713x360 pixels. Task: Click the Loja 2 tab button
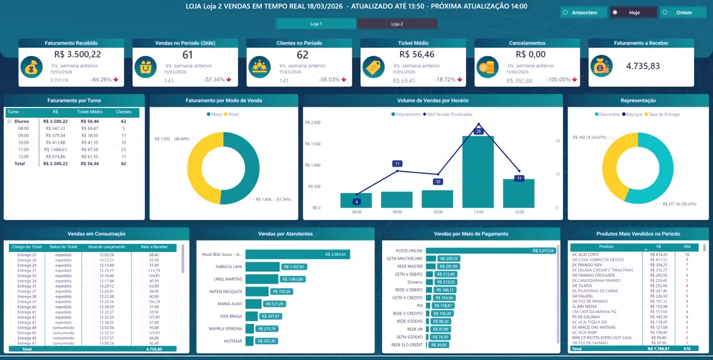397,24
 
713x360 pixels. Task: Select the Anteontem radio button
580,12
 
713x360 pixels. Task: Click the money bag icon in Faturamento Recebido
32,67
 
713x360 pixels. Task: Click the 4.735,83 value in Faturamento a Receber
643,66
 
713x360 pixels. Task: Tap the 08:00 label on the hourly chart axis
356,212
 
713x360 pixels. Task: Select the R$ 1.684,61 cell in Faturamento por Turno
55,149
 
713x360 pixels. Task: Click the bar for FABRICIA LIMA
262,267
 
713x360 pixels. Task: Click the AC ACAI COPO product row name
585,254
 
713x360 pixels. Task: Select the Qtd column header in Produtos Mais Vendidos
686,246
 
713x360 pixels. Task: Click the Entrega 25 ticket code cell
27,255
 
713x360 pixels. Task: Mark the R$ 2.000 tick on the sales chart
314,123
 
